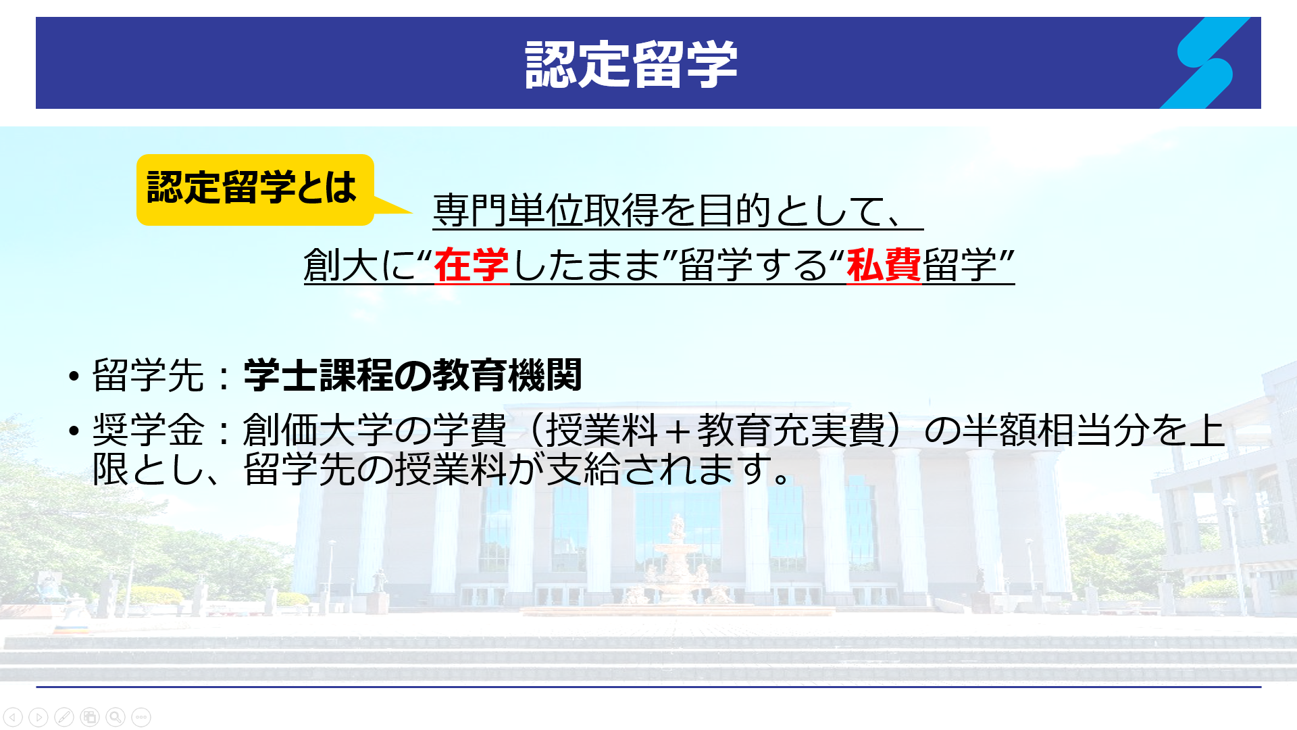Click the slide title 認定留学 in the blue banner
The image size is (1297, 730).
click(631, 64)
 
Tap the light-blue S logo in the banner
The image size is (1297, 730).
click(1205, 63)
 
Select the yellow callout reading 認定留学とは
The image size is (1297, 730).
click(255, 189)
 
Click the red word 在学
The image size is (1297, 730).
click(472, 265)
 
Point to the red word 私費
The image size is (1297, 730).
click(884, 265)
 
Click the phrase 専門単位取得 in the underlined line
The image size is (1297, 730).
click(546, 210)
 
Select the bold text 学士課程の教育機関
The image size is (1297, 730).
click(413, 375)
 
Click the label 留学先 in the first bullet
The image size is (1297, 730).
click(148, 375)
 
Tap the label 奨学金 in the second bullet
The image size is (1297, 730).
click(148, 429)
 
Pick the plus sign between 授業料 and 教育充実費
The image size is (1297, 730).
click(678, 431)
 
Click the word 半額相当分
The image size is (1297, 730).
click(1055, 429)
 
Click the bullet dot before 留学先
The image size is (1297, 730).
click(74, 376)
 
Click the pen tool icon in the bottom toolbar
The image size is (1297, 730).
click(64, 716)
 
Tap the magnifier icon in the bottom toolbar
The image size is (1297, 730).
click(116, 716)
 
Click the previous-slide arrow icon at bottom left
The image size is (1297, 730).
click(13, 716)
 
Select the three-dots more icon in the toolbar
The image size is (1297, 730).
click(141, 716)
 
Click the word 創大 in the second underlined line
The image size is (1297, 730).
click(341, 265)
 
